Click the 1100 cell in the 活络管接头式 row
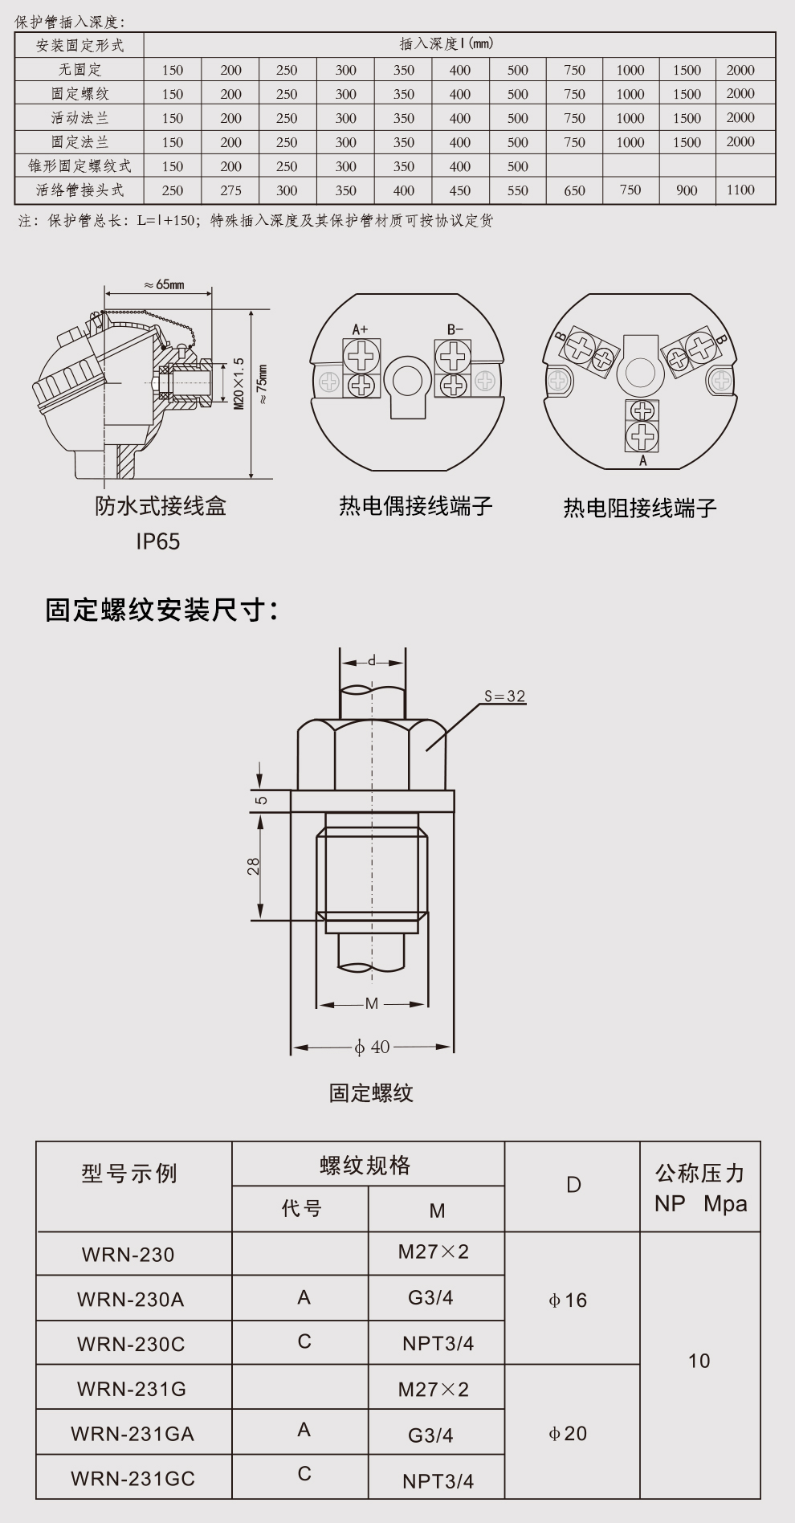point(740,190)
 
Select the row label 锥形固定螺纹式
point(79,166)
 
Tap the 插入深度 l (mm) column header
point(447,44)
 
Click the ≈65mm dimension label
point(164,284)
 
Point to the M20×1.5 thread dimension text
point(238,384)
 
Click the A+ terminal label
point(360,329)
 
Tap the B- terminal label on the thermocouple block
point(455,329)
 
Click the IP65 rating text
point(157,541)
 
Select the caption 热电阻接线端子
point(639,508)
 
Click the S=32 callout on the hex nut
point(504,696)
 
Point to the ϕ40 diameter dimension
point(372,1047)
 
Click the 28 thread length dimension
point(254,866)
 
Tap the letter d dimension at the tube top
point(372,662)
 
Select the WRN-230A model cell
point(131,1299)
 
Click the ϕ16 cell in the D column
point(568,1300)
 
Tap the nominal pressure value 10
point(699,1361)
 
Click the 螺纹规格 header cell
point(365,1166)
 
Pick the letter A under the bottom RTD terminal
point(642,461)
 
